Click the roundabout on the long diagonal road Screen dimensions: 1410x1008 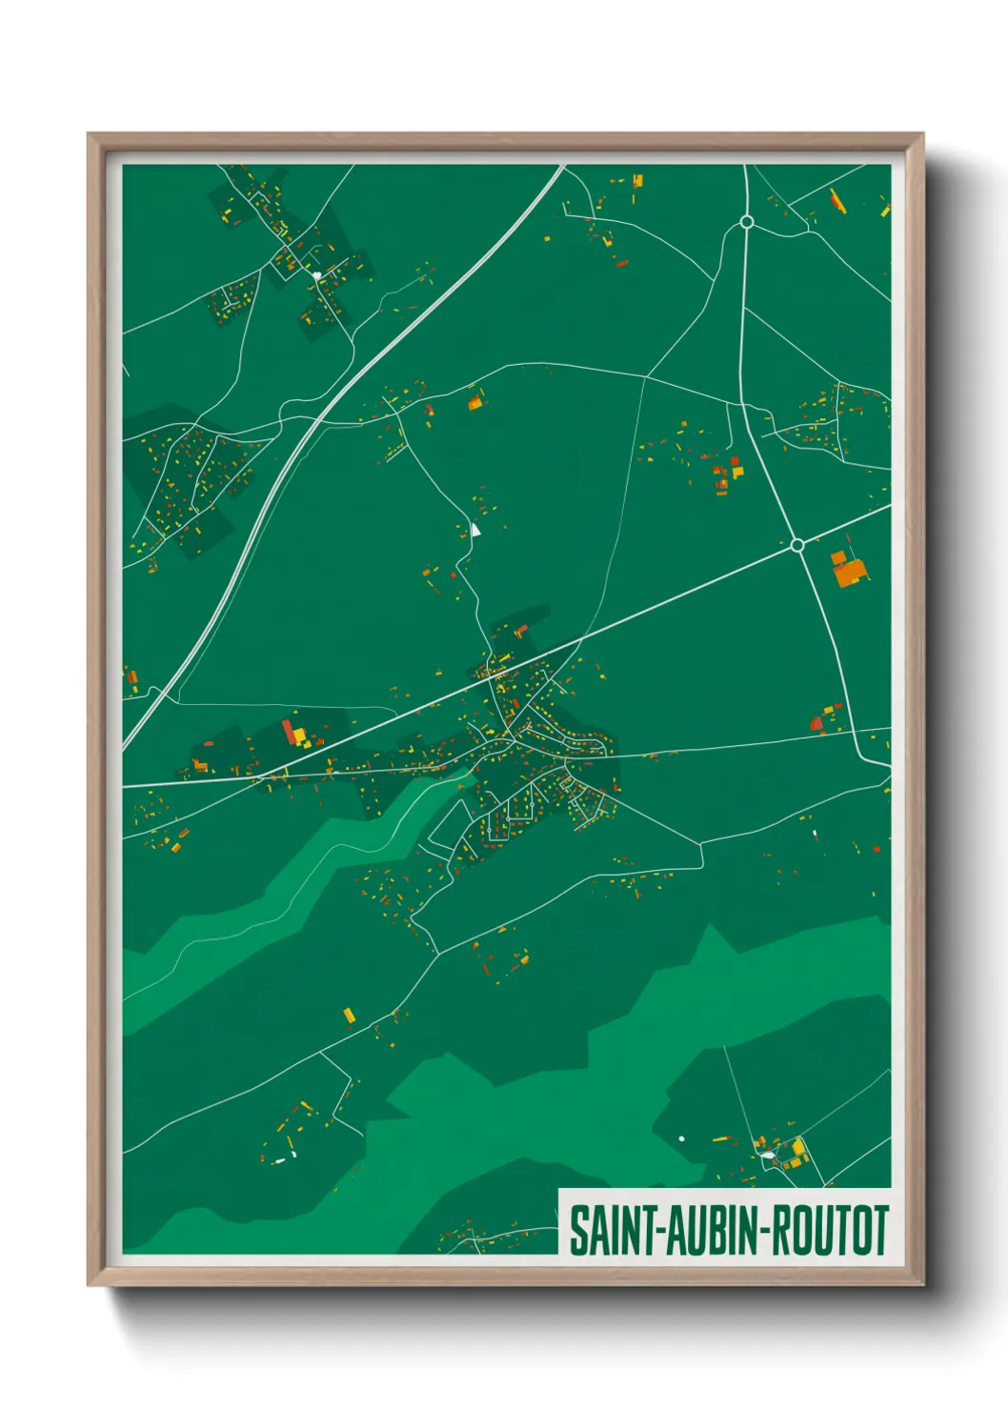[x=797, y=545]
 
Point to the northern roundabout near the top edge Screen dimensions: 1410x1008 [x=747, y=222]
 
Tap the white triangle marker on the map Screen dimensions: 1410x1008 [x=474, y=529]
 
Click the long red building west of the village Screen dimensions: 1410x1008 [x=288, y=732]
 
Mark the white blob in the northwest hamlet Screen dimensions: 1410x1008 [x=316, y=275]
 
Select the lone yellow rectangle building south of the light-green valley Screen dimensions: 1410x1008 [x=349, y=1015]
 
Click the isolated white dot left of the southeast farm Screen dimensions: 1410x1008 [x=681, y=1138]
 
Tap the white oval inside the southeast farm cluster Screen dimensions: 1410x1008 [x=767, y=1156]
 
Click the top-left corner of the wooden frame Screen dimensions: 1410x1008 [x=90, y=135]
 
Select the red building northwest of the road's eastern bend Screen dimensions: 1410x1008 [x=816, y=724]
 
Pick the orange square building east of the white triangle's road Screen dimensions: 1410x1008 [x=474, y=403]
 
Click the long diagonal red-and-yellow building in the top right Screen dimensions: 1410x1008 [x=836, y=199]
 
